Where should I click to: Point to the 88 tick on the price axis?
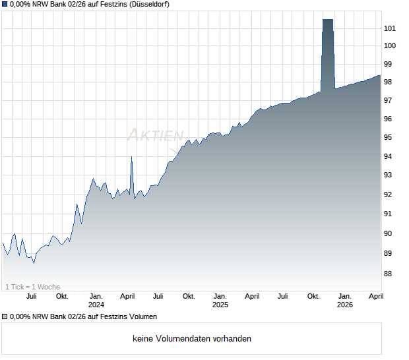389,274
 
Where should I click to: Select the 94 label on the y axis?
389,156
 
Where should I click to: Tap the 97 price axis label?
389,100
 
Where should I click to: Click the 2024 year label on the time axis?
96,305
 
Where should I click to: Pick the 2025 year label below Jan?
220,305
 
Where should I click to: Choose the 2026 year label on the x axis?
344,305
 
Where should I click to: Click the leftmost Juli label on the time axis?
31,296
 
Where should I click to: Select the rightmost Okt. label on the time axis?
313,296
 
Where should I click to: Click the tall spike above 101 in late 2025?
327,40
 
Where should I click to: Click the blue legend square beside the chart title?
5,5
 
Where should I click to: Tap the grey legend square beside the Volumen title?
5,316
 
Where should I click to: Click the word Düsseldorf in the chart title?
146,5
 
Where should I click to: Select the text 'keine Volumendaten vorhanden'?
191,339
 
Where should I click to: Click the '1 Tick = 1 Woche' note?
32,286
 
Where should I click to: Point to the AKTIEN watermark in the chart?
155,135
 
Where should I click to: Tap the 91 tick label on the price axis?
389,214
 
